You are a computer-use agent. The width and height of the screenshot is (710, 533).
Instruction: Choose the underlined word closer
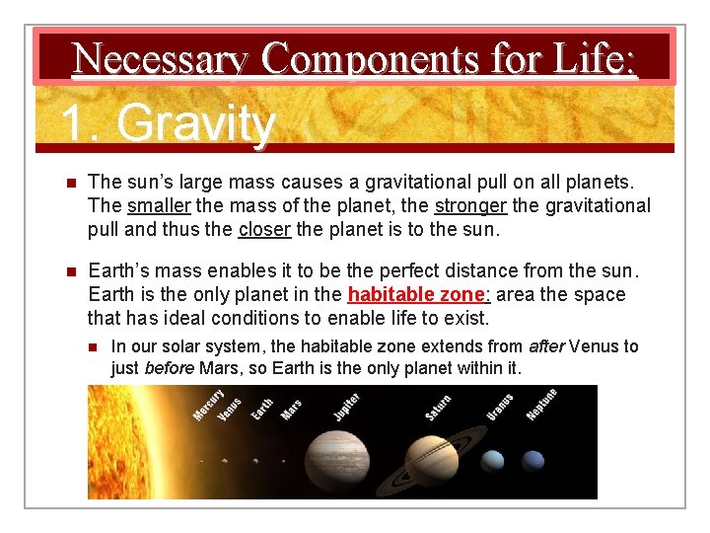click(x=264, y=230)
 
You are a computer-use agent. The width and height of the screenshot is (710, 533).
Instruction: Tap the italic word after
click(x=546, y=346)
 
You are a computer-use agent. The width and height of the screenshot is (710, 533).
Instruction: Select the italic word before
click(x=169, y=368)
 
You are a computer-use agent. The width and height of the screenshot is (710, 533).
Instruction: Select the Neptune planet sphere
click(x=532, y=461)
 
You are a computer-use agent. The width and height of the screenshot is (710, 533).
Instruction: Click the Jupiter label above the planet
click(x=346, y=405)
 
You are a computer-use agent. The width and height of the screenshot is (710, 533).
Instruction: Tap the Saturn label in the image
click(x=439, y=408)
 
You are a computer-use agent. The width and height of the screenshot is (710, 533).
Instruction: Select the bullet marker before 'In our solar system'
click(x=94, y=346)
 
